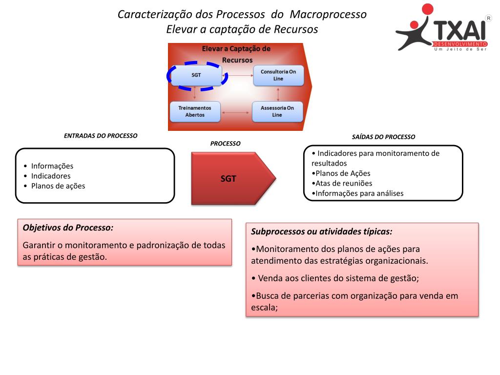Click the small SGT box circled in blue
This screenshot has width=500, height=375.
(x=196, y=75)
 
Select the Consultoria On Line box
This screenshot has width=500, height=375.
(x=278, y=75)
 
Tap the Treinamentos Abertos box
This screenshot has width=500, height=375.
(x=195, y=111)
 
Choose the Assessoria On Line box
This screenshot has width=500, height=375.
(x=277, y=111)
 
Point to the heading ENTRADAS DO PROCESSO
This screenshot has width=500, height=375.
(x=101, y=136)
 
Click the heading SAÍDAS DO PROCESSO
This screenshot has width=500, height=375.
(x=383, y=137)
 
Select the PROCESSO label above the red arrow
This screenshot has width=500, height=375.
(x=225, y=144)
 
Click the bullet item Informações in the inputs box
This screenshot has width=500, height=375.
(x=52, y=166)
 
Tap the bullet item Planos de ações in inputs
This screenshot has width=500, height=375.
(x=58, y=186)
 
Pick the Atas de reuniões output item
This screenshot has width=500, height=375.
(x=344, y=183)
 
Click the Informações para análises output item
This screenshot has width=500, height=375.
(x=359, y=193)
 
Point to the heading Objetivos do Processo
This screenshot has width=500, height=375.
(x=68, y=228)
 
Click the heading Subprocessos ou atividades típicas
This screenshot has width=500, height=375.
(x=322, y=231)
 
